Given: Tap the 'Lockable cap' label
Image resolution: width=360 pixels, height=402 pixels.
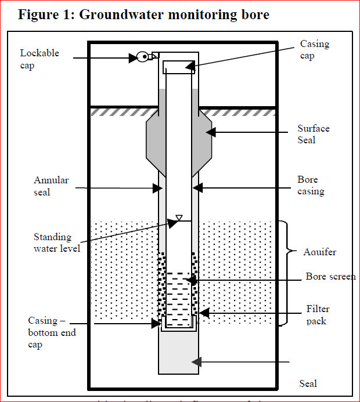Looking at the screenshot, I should point(39,59).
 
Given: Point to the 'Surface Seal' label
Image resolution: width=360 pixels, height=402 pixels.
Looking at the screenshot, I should point(314,134).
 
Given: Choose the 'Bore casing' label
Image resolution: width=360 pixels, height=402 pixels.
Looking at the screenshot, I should point(311,186).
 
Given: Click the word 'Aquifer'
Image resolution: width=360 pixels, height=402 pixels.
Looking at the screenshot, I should point(319,252).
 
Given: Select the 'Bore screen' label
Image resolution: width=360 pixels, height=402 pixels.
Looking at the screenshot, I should point(330,277).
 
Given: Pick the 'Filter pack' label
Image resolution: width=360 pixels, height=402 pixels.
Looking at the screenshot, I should point(317,315).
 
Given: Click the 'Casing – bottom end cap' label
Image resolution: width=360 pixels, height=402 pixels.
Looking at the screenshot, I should point(52,332).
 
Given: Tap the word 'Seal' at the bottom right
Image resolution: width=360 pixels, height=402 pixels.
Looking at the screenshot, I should point(308,383).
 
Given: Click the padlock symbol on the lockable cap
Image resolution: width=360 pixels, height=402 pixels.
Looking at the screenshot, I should point(142,57).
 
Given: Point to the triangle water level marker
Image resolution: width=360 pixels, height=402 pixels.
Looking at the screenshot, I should point(179,218).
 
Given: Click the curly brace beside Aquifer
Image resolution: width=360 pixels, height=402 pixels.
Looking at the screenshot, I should point(285,273).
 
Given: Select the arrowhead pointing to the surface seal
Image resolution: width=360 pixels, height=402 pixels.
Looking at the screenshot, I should point(211,132).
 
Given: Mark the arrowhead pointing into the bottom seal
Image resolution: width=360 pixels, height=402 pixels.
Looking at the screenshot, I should point(197,362).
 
